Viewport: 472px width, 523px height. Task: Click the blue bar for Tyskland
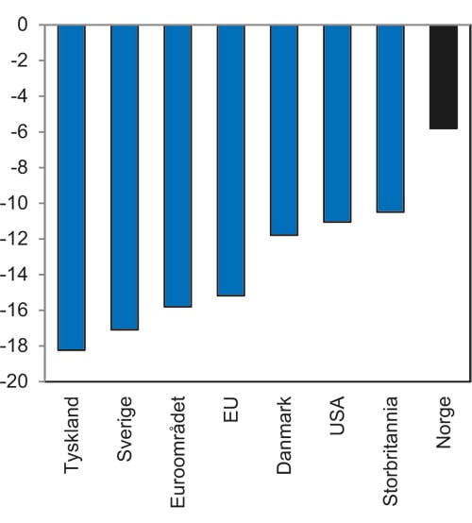(x=72, y=187)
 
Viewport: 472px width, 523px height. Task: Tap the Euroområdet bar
(x=177, y=166)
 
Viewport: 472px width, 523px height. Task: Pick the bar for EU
(x=231, y=160)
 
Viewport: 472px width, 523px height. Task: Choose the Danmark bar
(x=284, y=130)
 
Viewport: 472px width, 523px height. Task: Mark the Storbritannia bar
(x=390, y=119)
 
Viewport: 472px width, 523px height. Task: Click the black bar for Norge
(x=443, y=77)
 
